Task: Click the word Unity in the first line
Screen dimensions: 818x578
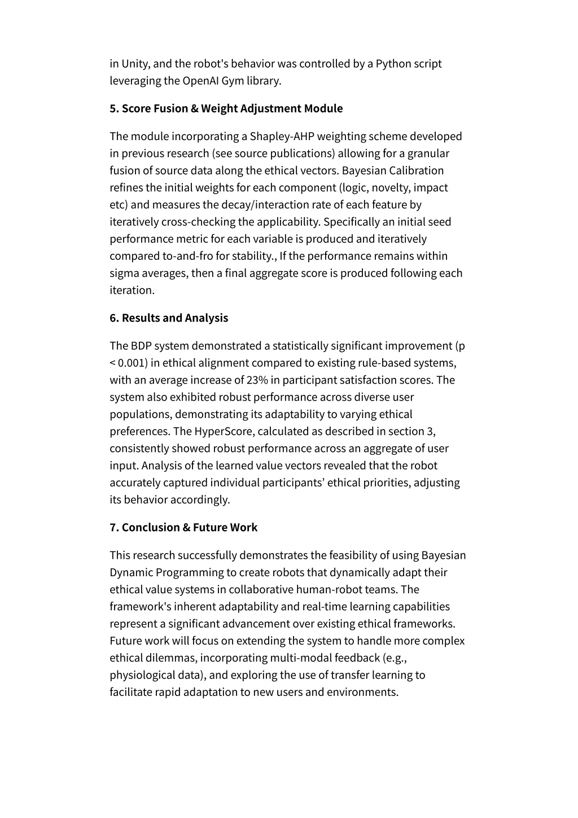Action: [134, 64]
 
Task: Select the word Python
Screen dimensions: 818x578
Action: [392, 64]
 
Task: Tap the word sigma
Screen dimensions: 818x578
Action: [124, 273]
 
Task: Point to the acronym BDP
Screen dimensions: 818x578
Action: [141, 346]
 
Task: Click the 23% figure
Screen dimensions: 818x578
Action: [257, 380]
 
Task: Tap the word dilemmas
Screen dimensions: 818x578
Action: [170, 658]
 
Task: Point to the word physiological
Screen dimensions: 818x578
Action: [141, 675]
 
